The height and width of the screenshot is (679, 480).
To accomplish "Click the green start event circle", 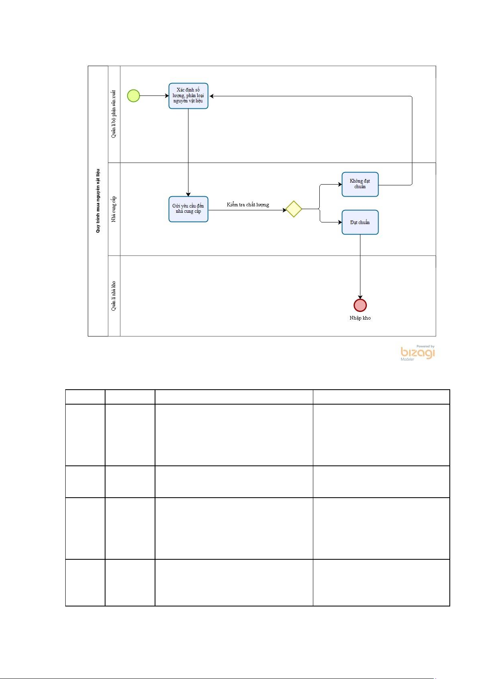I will click(x=133, y=96).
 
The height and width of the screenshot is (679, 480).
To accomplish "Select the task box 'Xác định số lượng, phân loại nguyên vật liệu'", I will click(x=188, y=96).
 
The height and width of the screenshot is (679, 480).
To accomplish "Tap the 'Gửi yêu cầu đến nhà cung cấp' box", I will click(x=188, y=209).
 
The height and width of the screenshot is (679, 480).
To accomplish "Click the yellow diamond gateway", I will click(x=294, y=209).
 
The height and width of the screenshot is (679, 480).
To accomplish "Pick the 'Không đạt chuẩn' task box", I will click(x=360, y=184).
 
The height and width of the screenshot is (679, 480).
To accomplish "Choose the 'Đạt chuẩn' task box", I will click(x=360, y=222).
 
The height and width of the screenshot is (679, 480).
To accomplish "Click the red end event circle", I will click(x=360, y=305).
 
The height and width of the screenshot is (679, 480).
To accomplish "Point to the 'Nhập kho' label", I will click(x=360, y=318).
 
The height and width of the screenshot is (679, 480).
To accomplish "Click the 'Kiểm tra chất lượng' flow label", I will click(x=248, y=205).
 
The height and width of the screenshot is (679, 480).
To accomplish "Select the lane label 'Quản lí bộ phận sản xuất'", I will click(x=114, y=114).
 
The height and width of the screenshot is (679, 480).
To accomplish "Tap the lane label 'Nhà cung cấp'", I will click(x=114, y=209).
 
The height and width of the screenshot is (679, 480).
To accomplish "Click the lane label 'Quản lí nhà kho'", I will click(x=114, y=296).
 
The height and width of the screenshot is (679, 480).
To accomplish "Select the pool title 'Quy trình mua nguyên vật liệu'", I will click(x=98, y=201).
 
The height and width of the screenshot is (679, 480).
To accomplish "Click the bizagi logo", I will click(x=418, y=353).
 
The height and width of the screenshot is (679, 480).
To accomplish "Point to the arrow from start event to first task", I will click(x=154, y=96).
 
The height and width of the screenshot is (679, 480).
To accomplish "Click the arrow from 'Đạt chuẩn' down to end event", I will click(x=360, y=266).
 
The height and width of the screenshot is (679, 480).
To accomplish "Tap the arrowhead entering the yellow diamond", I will click(x=284, y=210).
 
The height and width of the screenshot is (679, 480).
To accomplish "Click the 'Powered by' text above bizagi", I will click(x=425, y=346).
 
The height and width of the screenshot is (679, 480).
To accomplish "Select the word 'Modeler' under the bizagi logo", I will click(x=407, y=359).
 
